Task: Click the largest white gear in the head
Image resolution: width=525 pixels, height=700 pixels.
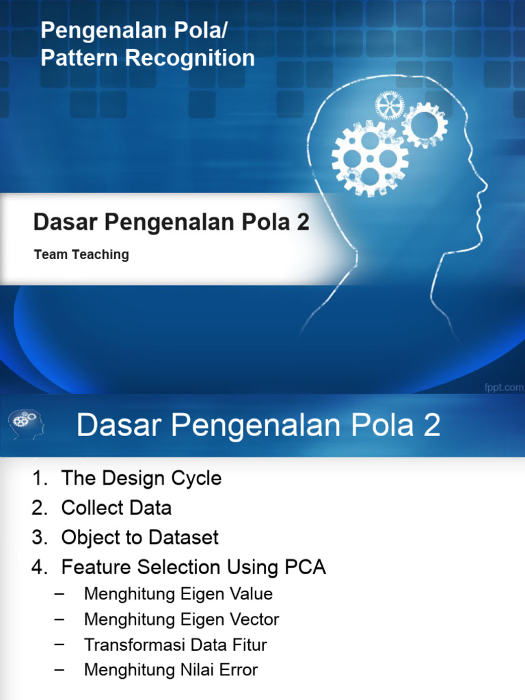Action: click(x=370, y=158)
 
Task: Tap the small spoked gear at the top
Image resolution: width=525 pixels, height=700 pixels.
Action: click(x=390, y=106)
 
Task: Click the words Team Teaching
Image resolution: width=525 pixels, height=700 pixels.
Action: click(x=81, y=255)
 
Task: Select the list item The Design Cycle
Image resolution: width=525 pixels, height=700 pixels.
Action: click(x=142, y=478)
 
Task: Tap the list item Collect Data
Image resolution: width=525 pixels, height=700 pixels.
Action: click(x=116, y=508)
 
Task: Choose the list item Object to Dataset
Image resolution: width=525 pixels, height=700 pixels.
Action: click(x=140, y=537)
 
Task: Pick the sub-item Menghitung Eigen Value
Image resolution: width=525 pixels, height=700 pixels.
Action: click(x=178, y=593)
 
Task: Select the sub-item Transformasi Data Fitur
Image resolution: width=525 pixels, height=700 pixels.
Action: click(x=175, y=645)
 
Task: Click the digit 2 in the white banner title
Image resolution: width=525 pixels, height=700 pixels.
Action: click(x=301, y=222)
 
